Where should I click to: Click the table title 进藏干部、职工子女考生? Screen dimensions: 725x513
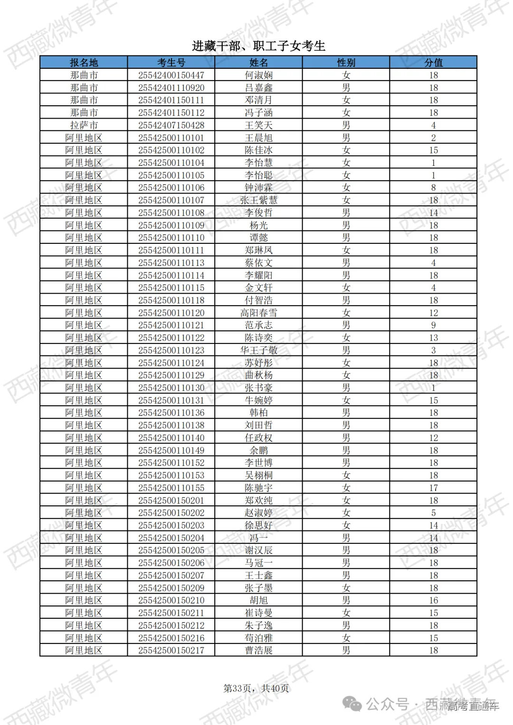point(258,46)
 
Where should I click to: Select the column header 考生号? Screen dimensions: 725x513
point(171,62)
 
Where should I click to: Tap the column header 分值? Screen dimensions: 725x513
point(433,62)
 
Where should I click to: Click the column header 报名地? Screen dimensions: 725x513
point(84,62)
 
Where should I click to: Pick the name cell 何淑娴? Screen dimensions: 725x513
point(258,75)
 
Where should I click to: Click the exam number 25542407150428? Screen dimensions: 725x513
point(171,125)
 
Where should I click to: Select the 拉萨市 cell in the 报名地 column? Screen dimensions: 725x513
point(84,125)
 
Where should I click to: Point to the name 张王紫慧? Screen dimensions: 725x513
point(258,200)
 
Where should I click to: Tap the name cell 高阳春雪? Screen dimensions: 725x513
point(258,313)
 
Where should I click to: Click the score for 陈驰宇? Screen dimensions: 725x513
point(433,488)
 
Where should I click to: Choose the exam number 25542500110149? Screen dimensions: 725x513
point(171,450)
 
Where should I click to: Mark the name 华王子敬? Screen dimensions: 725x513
point(258,350)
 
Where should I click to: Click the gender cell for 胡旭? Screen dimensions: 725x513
point(346,600)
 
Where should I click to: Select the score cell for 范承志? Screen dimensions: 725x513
point(433,325)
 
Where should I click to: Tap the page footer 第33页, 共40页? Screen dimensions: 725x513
point(256,688)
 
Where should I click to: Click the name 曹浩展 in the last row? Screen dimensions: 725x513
point(258,650)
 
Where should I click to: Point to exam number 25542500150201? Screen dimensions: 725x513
point(171,500)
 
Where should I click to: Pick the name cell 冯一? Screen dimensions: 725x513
point(258,538)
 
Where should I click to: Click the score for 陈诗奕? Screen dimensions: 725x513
point(433,338)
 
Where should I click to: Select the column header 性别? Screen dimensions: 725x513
point(346,62)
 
